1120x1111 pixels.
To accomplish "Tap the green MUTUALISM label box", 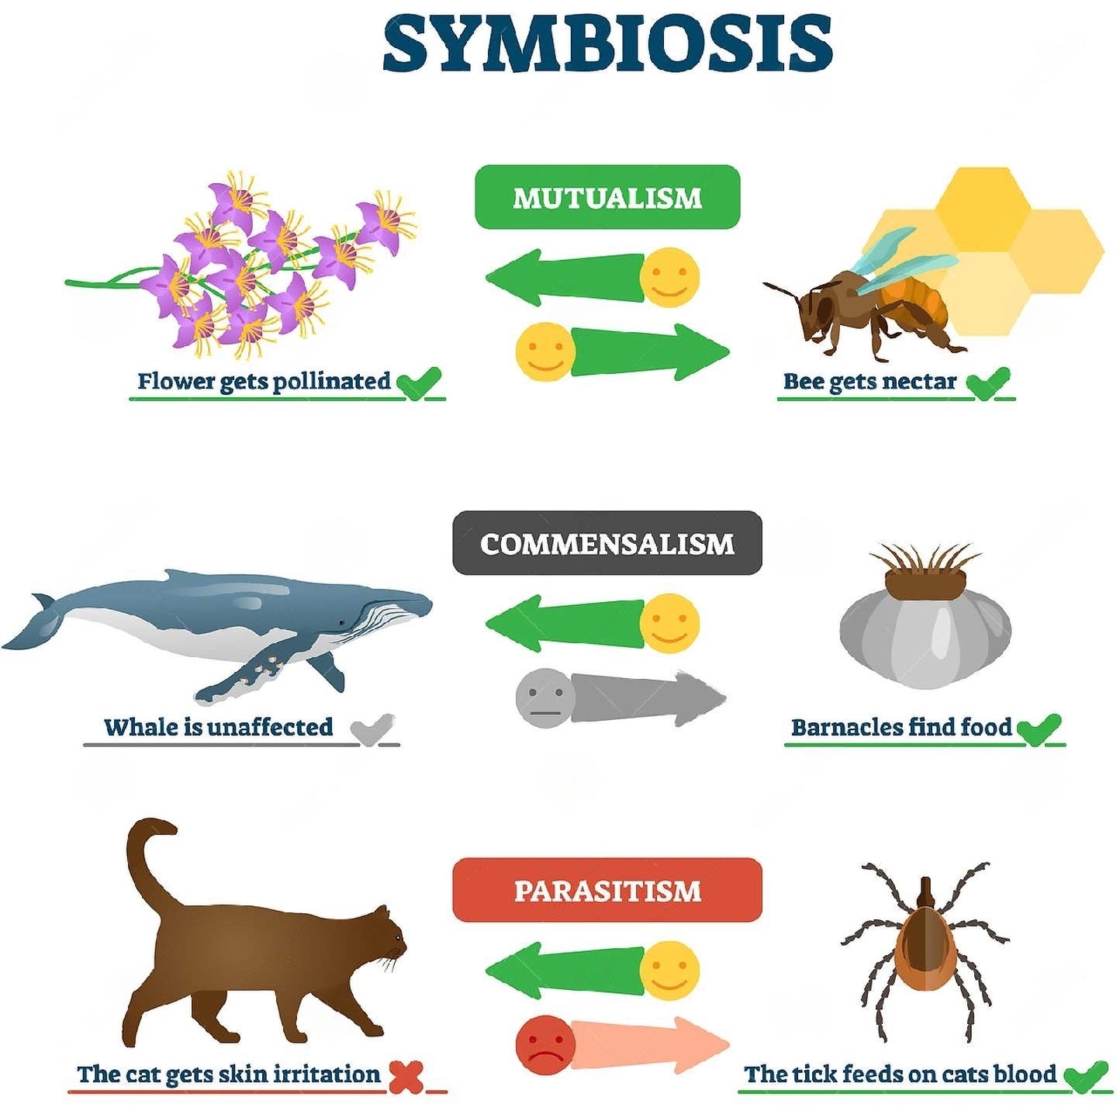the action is [607, 197].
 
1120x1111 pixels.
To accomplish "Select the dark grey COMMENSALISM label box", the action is [607, 543].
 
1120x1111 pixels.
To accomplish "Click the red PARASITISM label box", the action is [607, 890].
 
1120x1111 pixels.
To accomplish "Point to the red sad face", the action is [545, 1044].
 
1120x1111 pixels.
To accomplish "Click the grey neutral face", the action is [545, 697].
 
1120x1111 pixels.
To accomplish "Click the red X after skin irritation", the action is [406, 1075].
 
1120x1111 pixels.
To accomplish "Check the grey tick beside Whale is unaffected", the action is [372, 729].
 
